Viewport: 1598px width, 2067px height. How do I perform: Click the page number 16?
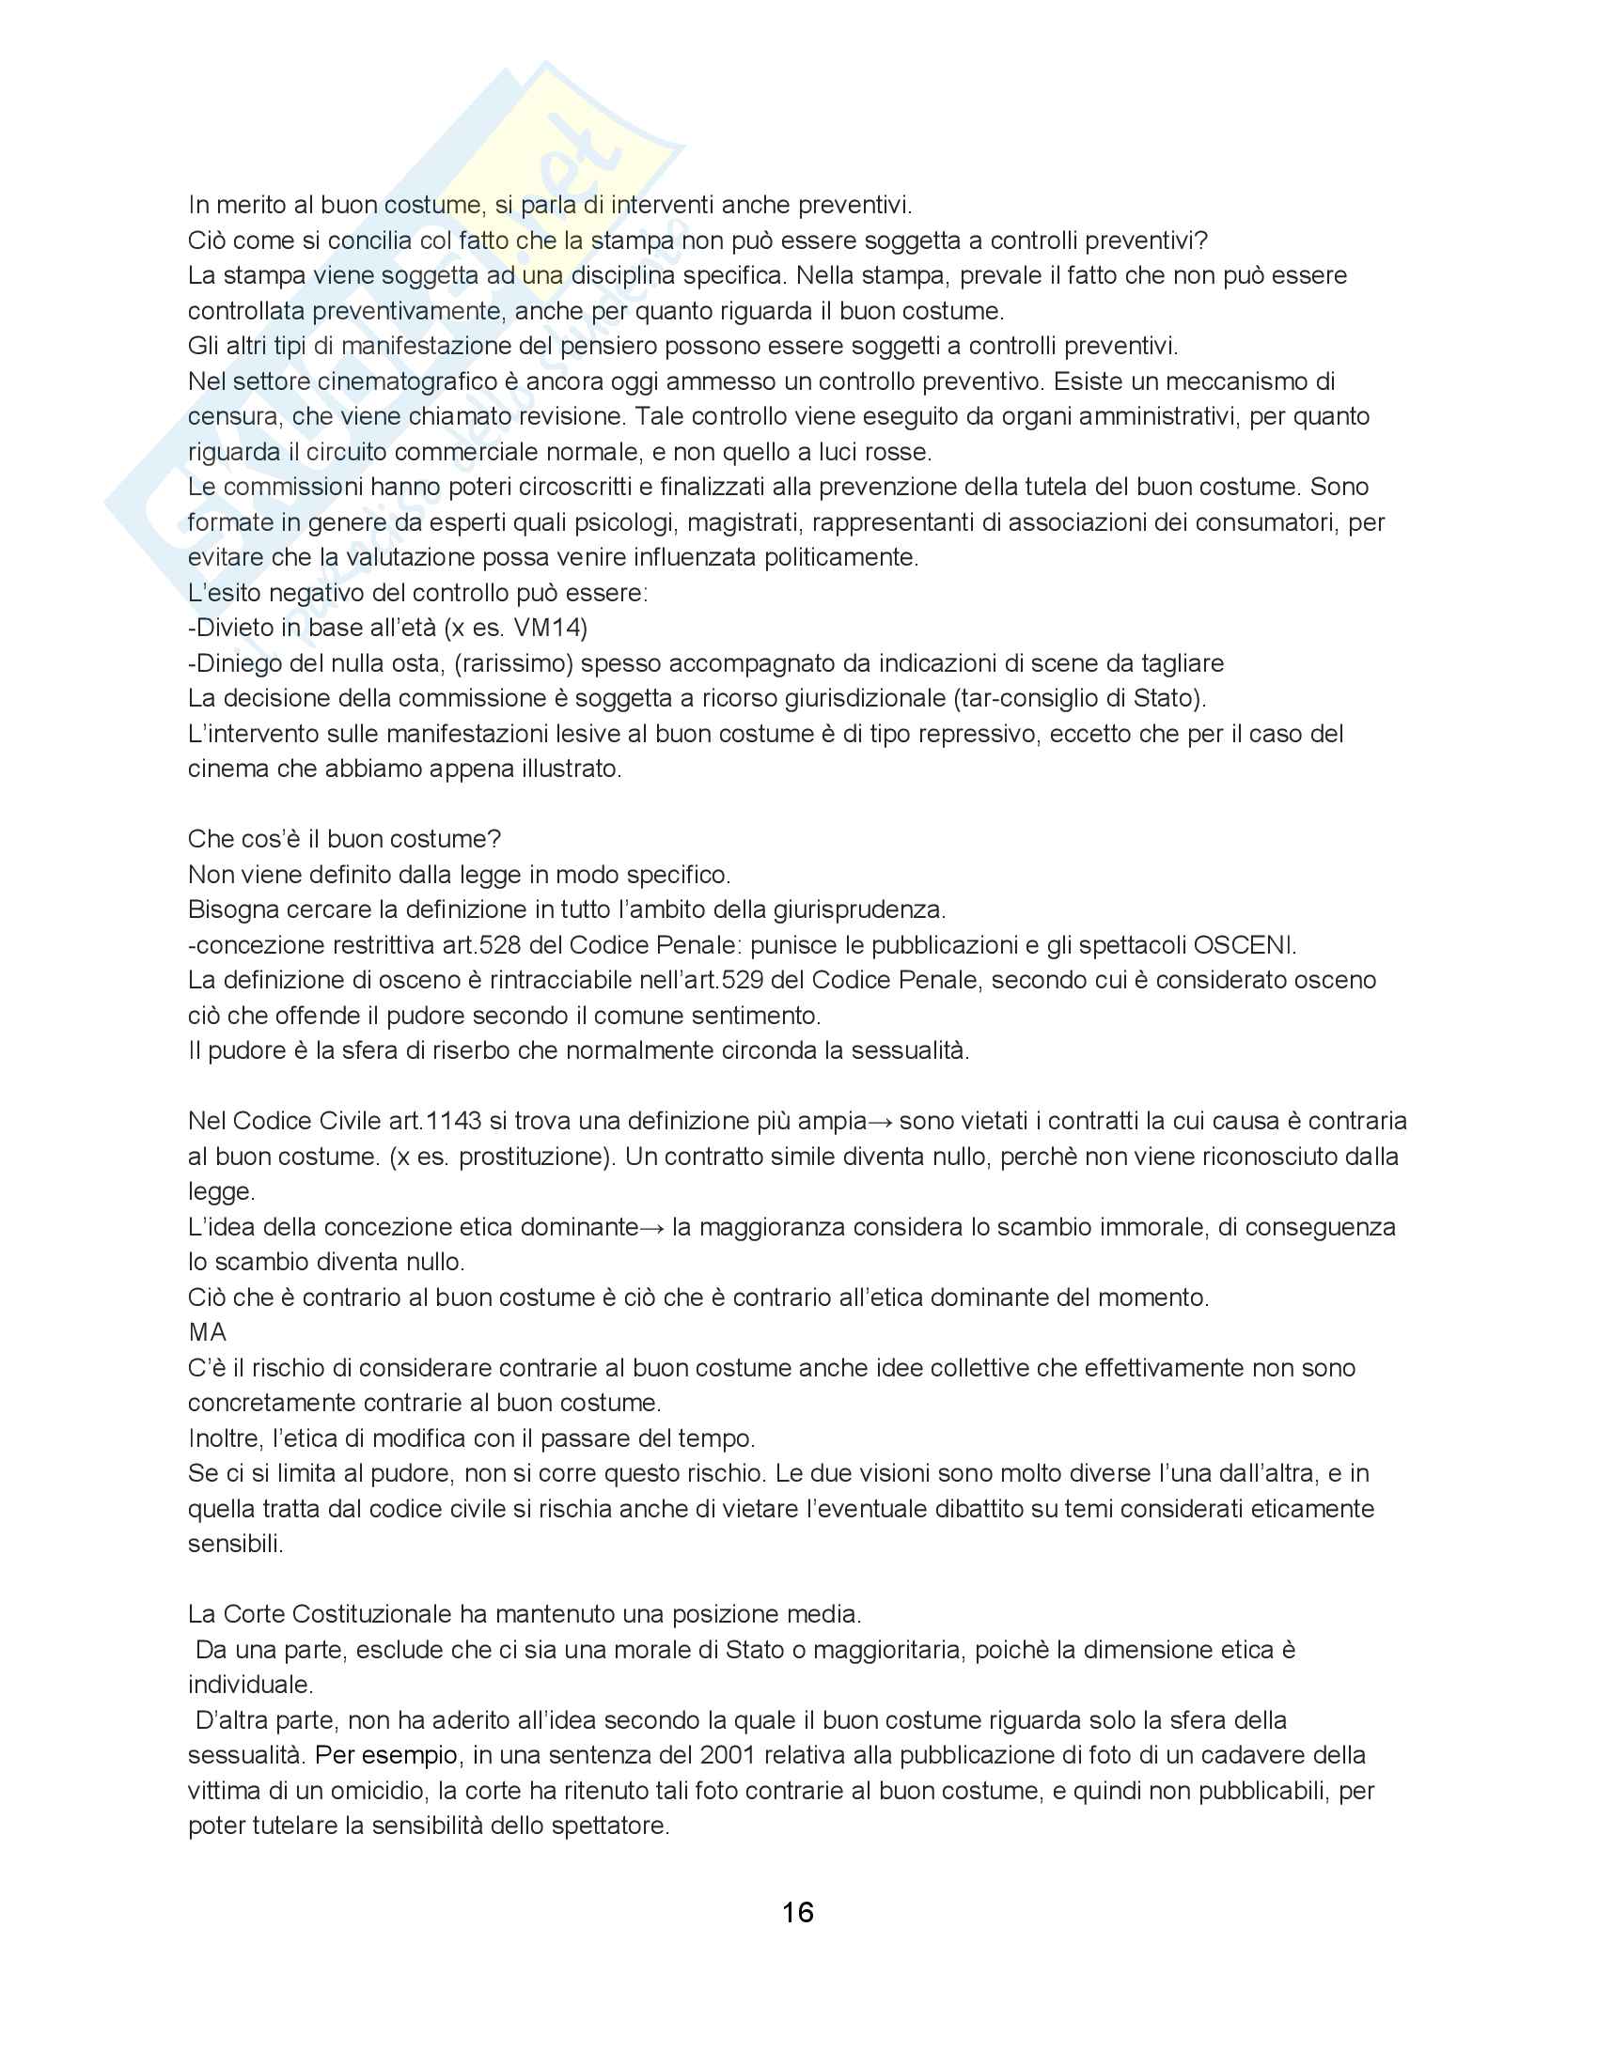coord(798,1913)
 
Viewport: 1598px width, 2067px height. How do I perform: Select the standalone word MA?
coord(208,1331)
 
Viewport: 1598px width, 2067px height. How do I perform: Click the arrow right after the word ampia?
coord(881,1122)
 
